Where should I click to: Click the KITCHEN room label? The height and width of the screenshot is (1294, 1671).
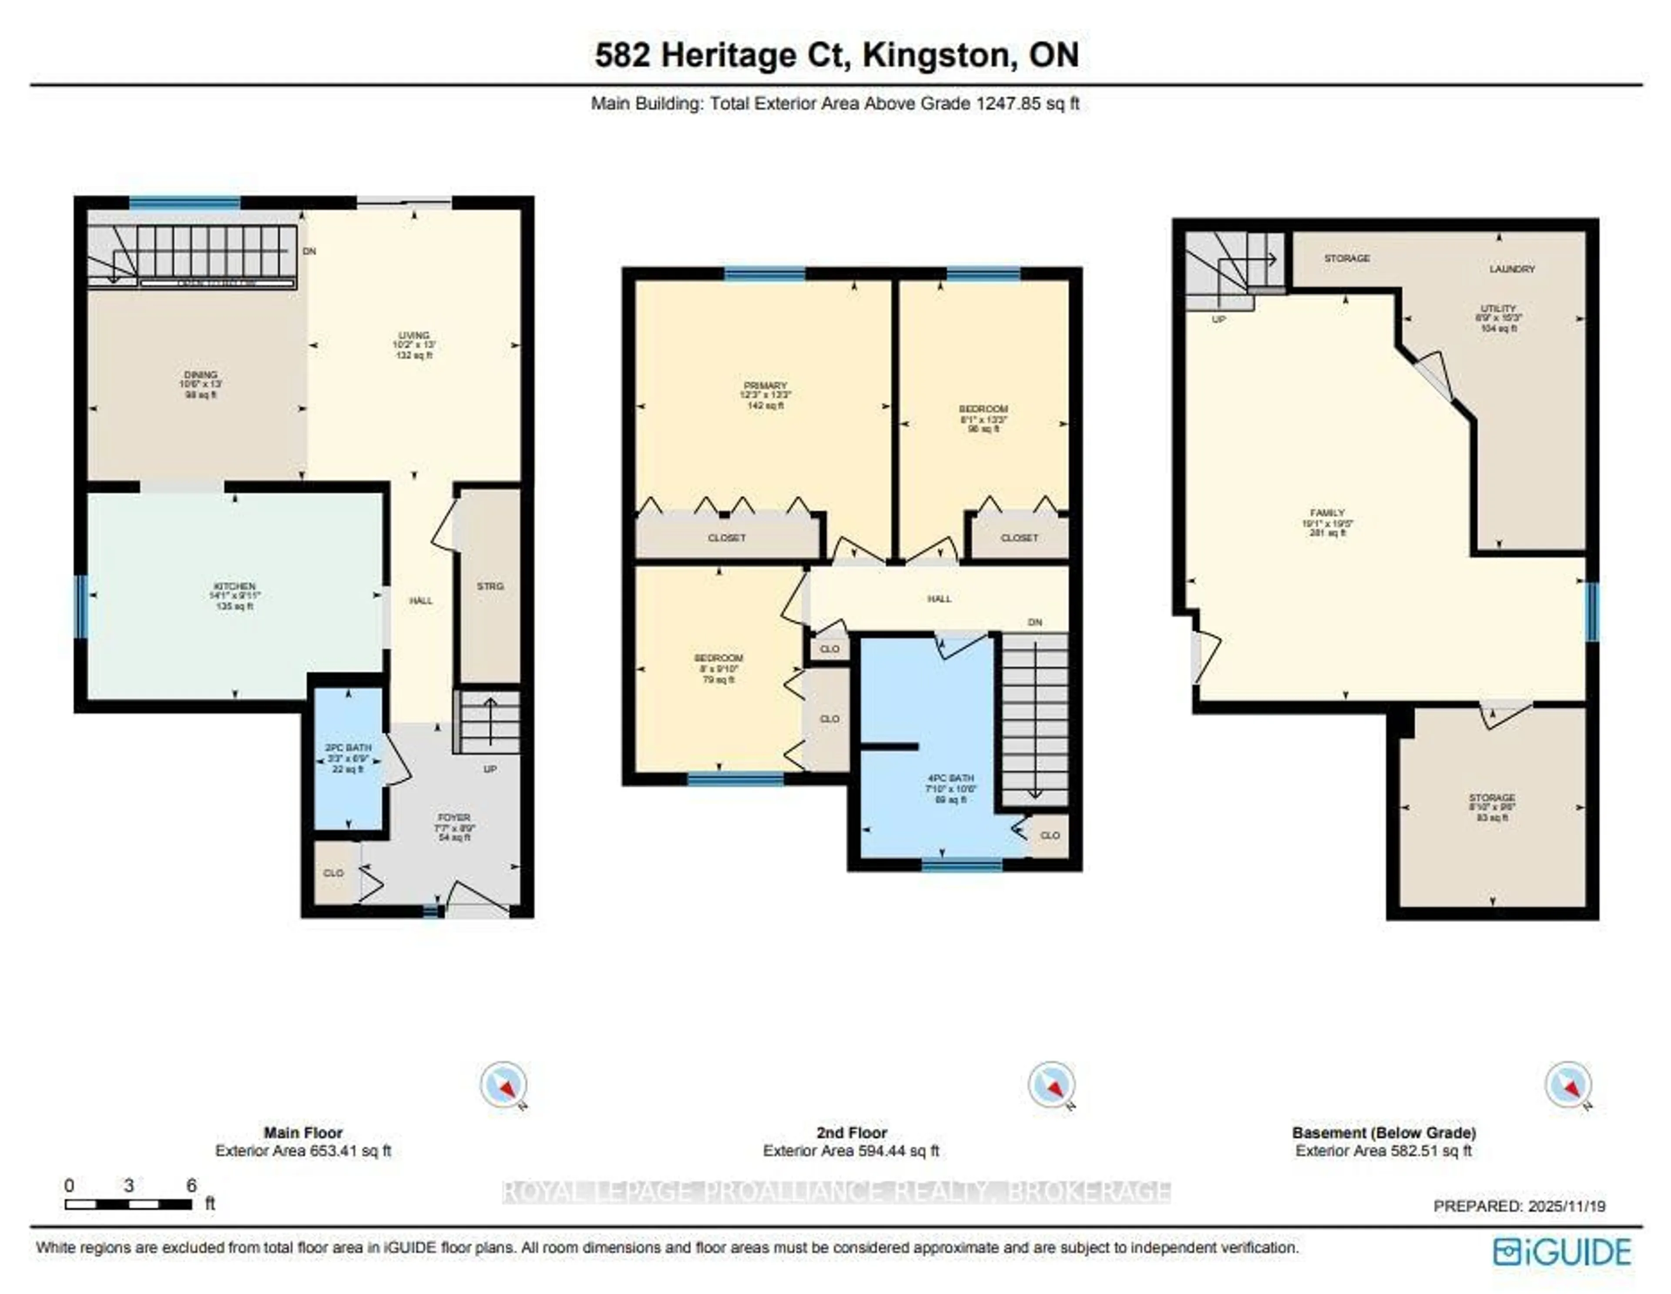234,586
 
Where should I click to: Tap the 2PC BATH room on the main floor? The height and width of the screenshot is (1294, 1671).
348,758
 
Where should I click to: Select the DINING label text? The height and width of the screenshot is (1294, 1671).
201,375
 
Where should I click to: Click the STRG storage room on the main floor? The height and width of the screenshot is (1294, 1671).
490,586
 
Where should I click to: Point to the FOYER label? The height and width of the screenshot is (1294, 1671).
454,818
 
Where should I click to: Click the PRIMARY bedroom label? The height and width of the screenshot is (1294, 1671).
765,385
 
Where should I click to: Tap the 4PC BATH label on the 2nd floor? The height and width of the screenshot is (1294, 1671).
950,778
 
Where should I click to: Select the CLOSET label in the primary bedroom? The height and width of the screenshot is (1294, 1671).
726,538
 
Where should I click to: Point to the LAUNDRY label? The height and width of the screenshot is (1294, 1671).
1511,269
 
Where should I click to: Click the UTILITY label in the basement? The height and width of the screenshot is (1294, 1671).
1498,308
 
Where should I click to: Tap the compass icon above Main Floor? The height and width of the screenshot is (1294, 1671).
503,1083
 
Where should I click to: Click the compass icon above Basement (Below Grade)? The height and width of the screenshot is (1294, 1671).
1568,1083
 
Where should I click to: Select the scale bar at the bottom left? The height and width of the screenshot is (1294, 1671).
128,1204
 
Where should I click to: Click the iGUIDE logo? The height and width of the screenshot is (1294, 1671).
1562,1252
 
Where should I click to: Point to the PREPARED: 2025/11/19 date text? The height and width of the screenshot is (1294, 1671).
1519,1206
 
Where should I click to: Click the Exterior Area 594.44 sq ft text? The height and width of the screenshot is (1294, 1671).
851,1151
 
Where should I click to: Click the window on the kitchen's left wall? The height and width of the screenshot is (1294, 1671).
81,606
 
